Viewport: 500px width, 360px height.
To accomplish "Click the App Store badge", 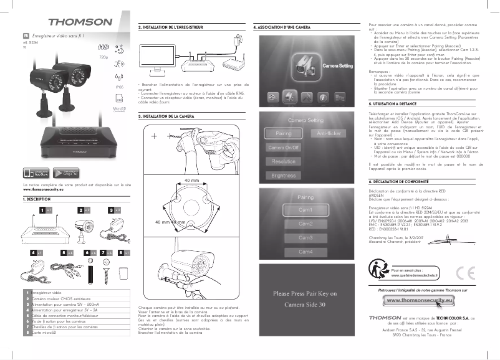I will coord(36,172).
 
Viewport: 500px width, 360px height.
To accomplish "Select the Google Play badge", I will coord(60,172).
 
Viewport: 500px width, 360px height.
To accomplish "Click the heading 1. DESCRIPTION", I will coord(37,199).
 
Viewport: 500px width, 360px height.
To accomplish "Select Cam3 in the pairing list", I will coord(305,237).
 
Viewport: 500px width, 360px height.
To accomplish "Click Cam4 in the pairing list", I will coord(305,252).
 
